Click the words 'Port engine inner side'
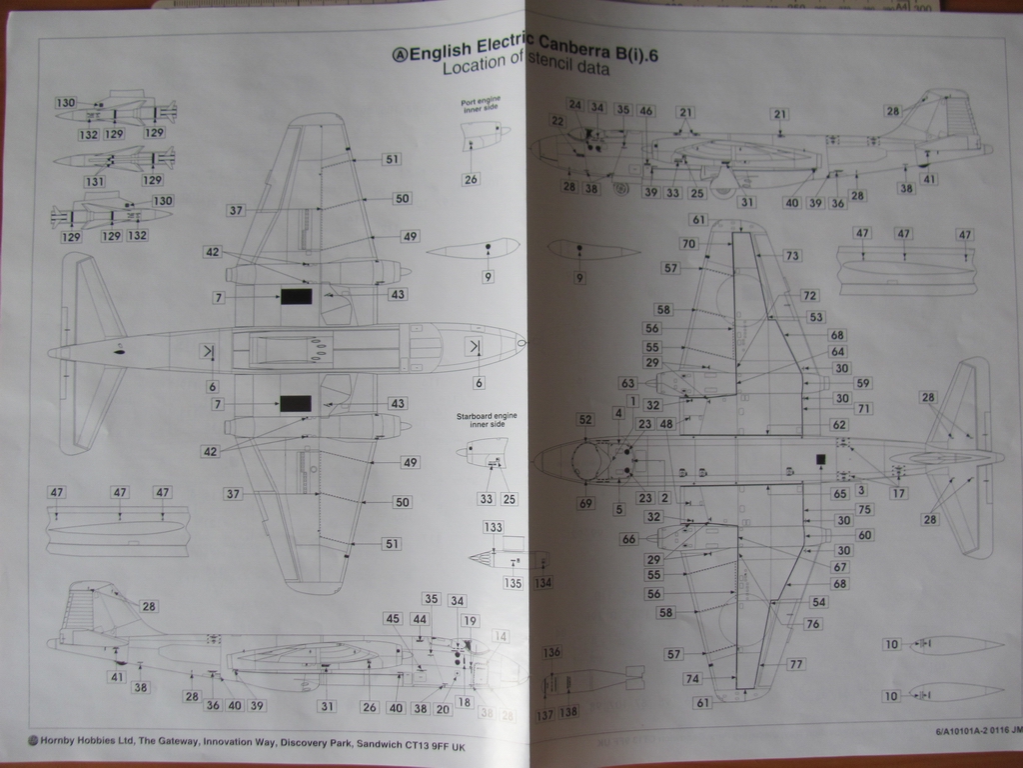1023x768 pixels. tap(480, 106)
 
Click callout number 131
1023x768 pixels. tap(95, 181)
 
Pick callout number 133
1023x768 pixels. tap(493, 527)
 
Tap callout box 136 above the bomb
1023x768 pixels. tap(551, 653)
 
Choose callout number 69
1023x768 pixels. tap(585, 503)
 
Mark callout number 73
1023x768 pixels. tap(792, 256)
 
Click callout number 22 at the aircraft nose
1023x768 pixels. tap(557, 120)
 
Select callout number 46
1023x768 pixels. tap(646, 111)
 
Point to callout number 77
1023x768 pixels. tap(796, 664)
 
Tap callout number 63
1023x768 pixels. tap(628, 383)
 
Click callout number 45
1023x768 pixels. tap(393, 619)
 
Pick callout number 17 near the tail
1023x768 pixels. tap(899, 493)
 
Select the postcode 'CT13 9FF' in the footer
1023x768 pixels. tap(402, 745)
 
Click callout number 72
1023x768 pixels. tap(809, 296)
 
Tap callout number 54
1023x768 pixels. tap(818, 602)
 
